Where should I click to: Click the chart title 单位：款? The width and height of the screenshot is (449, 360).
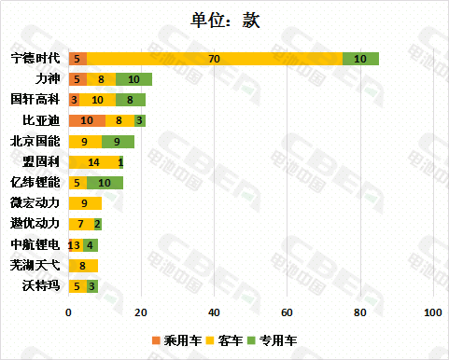point(224,20)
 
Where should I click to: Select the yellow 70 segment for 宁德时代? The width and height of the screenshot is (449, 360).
point(215,59)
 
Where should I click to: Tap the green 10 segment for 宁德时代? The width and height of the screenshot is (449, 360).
point(360,59)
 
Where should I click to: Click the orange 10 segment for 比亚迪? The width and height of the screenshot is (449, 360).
point(87,120)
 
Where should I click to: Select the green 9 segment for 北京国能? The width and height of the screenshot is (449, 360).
point(118,141)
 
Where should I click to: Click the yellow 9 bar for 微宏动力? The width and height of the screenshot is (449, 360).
point(85,202)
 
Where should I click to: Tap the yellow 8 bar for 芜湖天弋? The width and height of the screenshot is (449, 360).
point(83,265)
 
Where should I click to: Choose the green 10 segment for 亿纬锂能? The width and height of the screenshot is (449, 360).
point(105,182)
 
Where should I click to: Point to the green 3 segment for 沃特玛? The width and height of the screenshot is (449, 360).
point(92,285)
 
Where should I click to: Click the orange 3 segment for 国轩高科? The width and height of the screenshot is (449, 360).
point(74,100)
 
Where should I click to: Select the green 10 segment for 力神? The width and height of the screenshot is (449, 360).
point(133,79)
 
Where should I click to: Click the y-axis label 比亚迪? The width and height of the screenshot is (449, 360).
point(42,120)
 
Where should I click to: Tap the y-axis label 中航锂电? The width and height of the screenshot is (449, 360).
point(35,244)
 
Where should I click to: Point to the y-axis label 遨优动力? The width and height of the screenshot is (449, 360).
point(35,224)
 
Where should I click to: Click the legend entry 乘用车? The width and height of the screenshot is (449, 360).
point(182,339)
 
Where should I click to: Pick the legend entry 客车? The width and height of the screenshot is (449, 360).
point(230,339)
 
